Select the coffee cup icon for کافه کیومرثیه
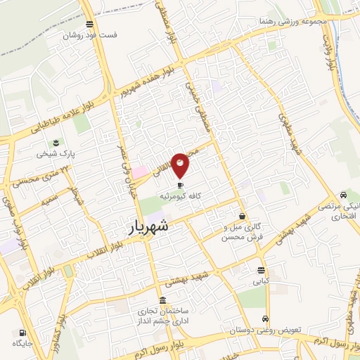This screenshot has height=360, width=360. (180, 186)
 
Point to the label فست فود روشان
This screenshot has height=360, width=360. (91, 34)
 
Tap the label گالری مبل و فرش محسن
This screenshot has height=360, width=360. (242, 232)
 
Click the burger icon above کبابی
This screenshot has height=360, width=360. (262, 270)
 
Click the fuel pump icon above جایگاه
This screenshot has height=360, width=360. (23, 333)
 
